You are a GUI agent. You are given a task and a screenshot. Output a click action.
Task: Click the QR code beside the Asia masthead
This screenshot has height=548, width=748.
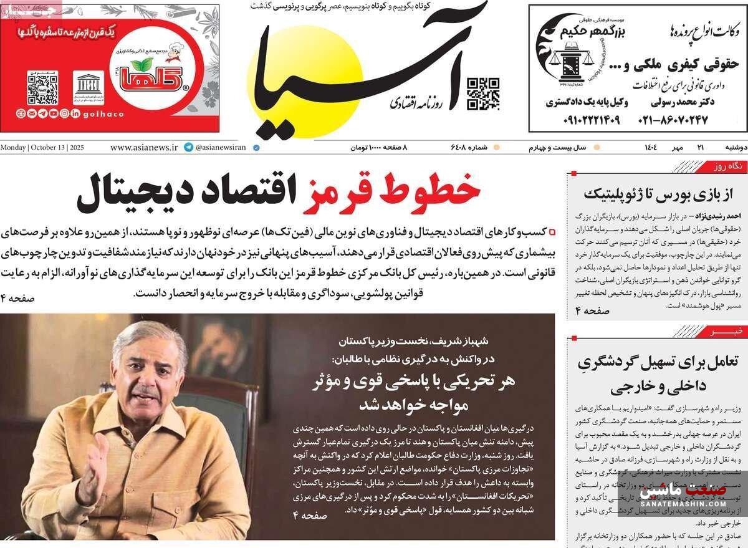[483, 94]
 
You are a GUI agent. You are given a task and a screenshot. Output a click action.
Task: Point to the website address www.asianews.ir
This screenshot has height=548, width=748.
[144, 148]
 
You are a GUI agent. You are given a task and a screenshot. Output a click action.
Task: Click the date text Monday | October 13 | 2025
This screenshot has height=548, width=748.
[42, 148]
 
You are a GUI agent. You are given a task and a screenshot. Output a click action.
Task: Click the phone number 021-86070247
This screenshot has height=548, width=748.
[673, 119]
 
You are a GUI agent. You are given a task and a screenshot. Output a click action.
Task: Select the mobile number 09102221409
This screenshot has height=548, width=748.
[582, 119]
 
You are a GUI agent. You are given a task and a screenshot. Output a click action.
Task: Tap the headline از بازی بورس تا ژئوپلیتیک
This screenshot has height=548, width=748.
[655, 193]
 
